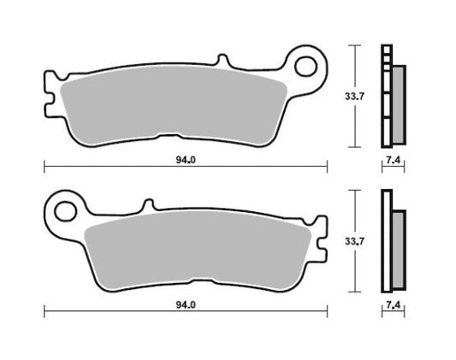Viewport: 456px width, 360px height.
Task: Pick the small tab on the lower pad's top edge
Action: pyautogui.click(x=147, y=205)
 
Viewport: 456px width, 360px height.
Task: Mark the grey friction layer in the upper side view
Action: pyautogui.click(x=398, y=103)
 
